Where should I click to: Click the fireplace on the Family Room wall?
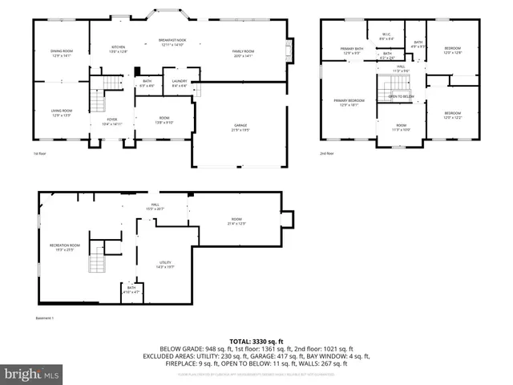click(289, 52)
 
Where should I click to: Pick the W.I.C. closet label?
click(386, 36)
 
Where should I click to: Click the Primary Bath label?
click(352, 51)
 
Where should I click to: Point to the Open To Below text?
click(402, 96)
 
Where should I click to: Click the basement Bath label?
click(131, 290)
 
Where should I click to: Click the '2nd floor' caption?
click(327, 153)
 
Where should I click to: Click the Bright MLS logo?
click(31, 374)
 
